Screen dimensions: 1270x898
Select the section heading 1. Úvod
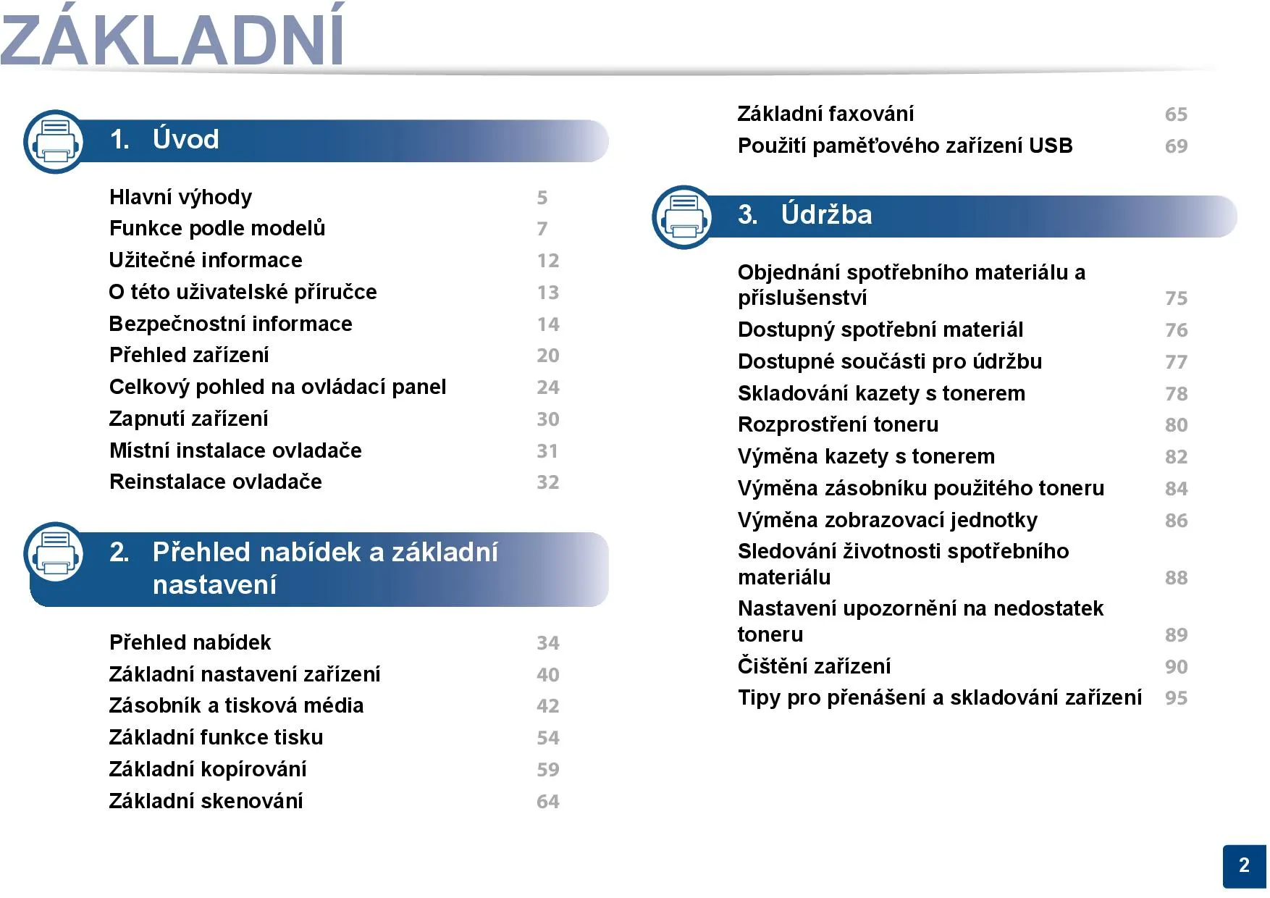[164, 139]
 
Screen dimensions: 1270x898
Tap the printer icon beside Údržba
[684, 217]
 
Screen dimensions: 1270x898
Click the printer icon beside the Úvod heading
[55, 142]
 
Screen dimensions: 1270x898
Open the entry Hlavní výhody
[180, 197]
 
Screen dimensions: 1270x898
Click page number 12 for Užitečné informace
[548, 261]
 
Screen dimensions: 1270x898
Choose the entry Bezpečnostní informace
[230, 324]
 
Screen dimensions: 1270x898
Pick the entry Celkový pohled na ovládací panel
[277, 387]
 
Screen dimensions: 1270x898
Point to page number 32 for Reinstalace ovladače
[548, 482]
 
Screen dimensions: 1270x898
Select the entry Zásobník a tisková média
[236, 705]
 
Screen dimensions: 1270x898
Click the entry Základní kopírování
[208, 769]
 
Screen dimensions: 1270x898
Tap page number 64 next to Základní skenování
[548, 802]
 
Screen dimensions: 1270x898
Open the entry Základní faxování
[825, 114]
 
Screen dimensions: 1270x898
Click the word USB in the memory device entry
[1051, 146]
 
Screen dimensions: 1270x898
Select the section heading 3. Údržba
[805, 214]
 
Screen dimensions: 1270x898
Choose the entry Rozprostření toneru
[838, 424]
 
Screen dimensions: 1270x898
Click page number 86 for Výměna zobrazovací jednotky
[1177, 521]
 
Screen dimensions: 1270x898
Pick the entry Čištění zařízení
[814, 666]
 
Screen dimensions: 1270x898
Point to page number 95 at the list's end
[1177, 698]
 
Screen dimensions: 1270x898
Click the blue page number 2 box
[1245, 866]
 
